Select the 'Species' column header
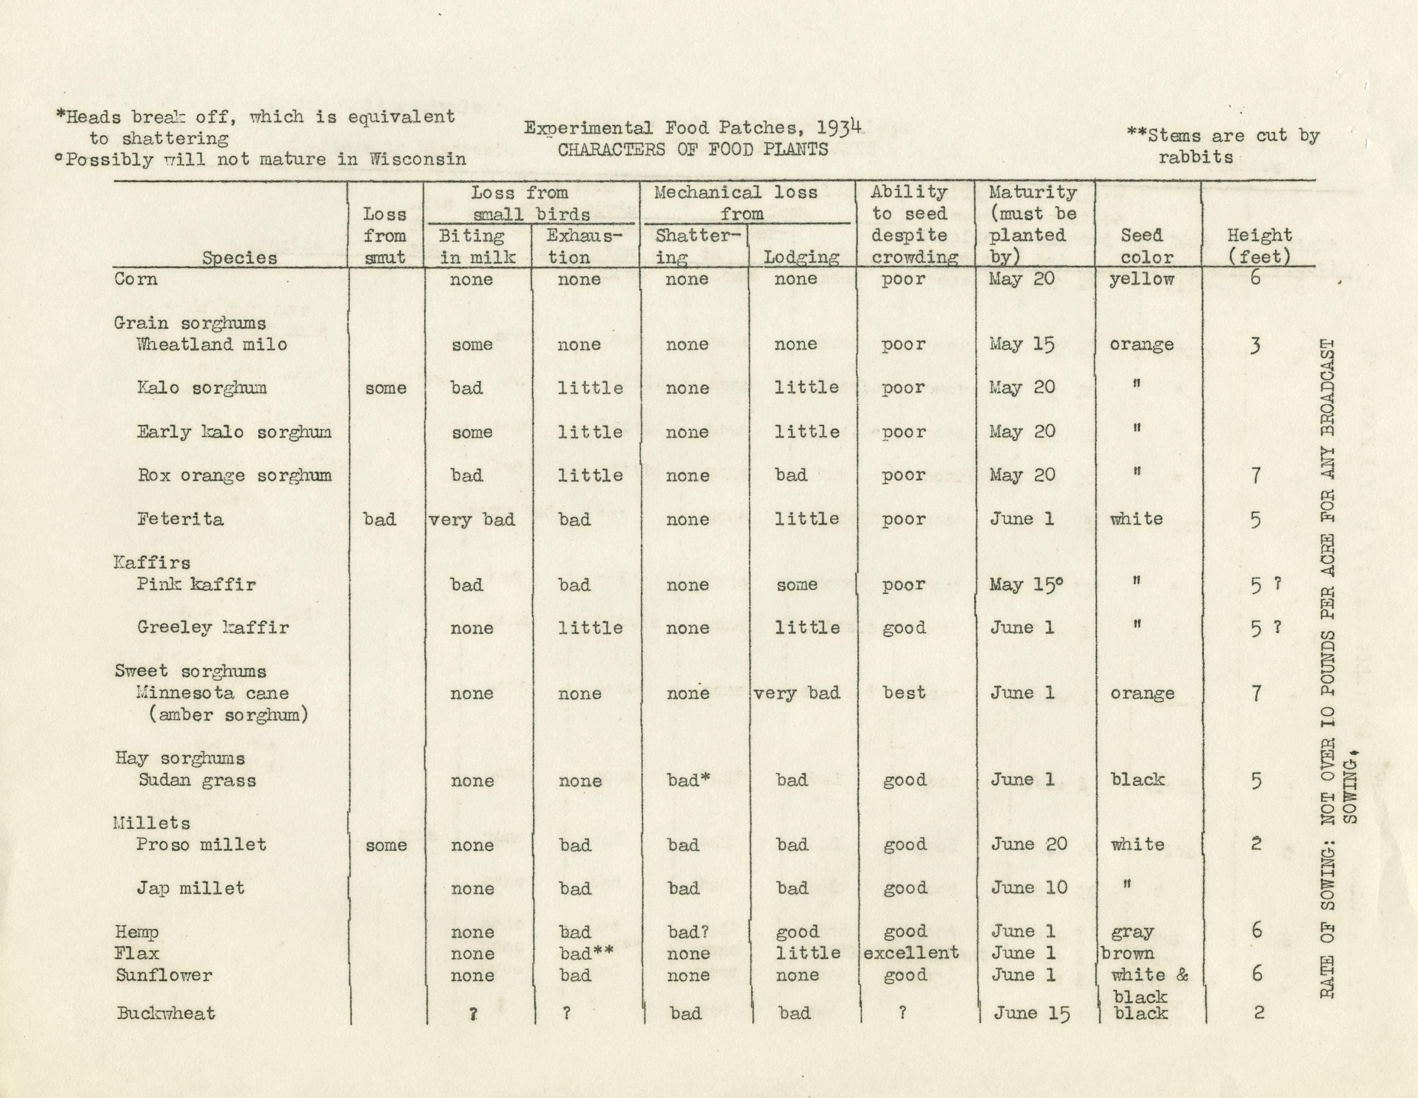coord(240,258)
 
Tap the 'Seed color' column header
coord(1147,246)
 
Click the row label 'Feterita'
coord(180,519)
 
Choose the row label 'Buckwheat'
coord(166,1014)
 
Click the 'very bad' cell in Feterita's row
coord(472,520)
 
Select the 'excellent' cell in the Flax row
coord(911,953)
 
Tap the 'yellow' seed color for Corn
coord(1142,280)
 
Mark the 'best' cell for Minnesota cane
coord(904,693)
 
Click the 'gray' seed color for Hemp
coord(1132,932)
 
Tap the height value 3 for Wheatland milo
coord(1256,345)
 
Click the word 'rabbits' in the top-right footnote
coord(1196,157)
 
